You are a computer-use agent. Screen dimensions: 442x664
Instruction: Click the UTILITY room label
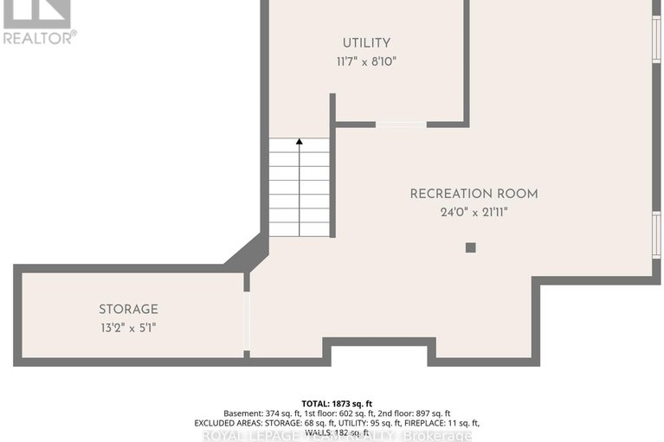(366, 42)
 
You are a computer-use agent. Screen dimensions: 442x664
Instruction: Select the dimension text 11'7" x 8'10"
(366, 61)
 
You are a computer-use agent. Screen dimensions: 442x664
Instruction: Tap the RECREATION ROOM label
(474, 194)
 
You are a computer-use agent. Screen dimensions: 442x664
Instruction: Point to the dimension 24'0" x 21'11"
(474, 212)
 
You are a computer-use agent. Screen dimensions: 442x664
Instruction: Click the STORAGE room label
(128, 309)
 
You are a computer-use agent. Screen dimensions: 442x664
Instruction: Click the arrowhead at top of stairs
(300, 142)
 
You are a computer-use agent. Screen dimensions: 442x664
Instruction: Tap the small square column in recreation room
(470, 247)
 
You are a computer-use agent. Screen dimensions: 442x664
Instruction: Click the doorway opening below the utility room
(401, 125)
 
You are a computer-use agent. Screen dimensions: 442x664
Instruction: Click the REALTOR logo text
(39, 37)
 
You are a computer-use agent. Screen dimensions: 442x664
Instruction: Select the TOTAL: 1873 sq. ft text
(337, 403)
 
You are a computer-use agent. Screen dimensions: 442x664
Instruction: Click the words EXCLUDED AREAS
(235, 423)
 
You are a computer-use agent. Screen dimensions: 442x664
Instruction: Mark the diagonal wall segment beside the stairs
(248, 253)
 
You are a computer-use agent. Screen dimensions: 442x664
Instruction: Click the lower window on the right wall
(656, 234)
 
